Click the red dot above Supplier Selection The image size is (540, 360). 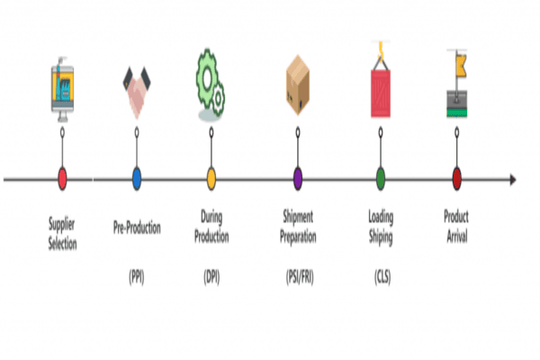coord(62,178)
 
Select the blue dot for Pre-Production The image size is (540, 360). coord(137,178)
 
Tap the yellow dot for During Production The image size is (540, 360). coord(211,178)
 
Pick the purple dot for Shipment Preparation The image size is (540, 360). coord(298,178)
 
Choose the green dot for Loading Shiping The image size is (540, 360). coord(381,178)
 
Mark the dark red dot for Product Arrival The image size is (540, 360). coord(457,178)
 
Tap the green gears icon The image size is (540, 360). coord(211,81)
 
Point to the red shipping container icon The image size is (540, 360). coord(381,88)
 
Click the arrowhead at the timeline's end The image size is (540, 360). coord(513,179)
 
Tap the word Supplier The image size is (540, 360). coord(63,220)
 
